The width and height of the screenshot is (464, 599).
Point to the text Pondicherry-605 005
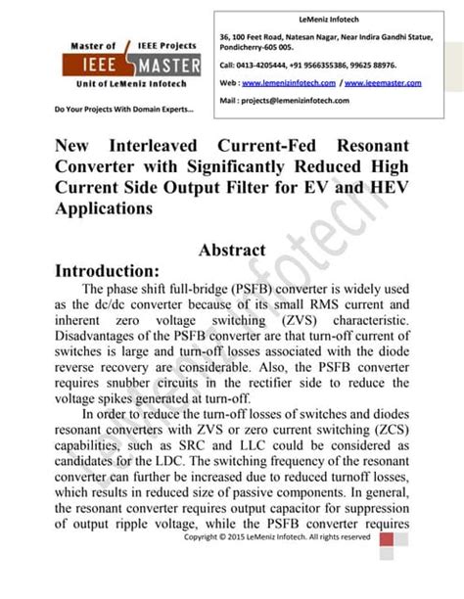[256, 46]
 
